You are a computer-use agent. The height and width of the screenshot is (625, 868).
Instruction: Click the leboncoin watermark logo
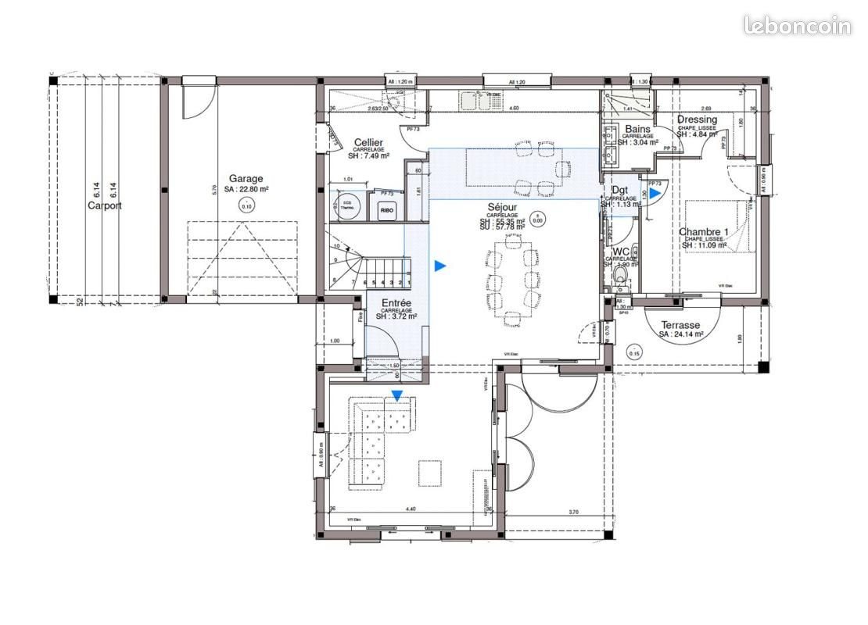pos(797,25)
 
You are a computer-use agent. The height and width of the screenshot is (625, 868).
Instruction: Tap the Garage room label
pos(246,178)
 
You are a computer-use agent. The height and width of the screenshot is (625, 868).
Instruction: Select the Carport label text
pos(105,206)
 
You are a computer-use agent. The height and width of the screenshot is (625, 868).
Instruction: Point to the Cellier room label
pos(368,143)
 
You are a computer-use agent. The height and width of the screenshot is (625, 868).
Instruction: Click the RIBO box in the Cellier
pos(386,209)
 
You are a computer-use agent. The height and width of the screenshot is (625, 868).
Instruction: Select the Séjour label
pos(502,206)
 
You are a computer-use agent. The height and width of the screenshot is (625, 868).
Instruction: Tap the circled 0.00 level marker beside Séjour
pos(536,218)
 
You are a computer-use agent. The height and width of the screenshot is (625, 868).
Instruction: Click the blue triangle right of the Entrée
pos(440,266)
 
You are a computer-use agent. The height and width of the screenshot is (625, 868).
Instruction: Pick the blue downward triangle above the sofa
pos(397,396)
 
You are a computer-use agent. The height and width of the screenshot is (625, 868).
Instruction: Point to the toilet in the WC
pos(622,277)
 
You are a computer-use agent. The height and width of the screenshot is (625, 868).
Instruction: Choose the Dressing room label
pos(697,120)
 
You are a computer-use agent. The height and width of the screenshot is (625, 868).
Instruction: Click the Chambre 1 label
pos(703,232)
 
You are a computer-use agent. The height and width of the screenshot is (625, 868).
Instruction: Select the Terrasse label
pos(680,325)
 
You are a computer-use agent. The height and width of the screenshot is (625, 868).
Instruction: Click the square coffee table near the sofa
pos(429,472)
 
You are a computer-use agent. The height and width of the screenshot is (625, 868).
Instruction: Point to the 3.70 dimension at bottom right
pos(573,512)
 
